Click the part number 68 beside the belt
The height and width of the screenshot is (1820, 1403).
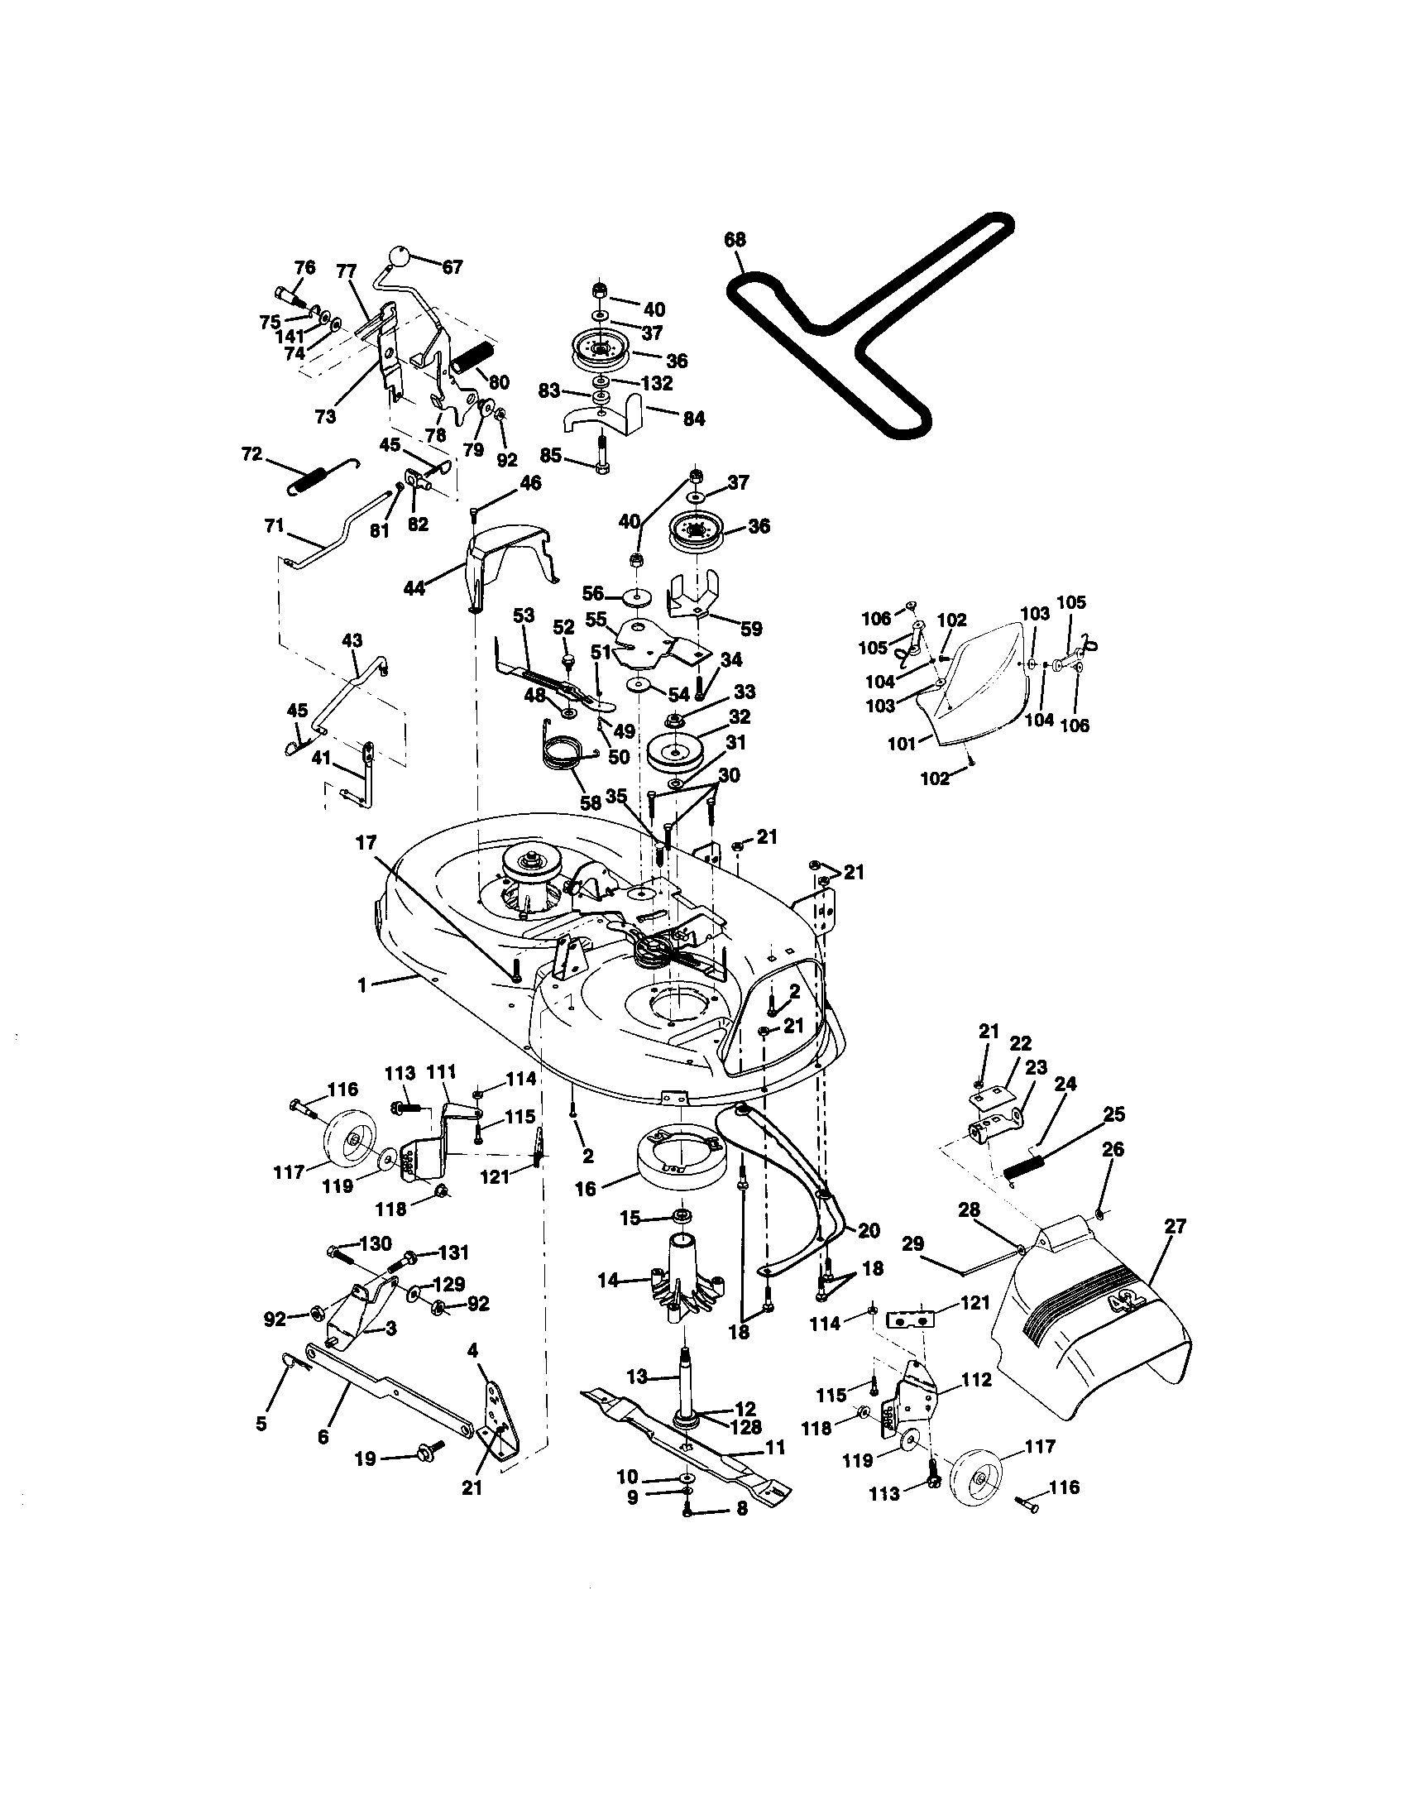735,240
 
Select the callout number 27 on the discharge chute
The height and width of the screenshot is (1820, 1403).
1175,1226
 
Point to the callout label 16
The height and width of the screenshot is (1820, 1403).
586,1189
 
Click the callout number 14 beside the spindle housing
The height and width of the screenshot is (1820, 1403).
609,1280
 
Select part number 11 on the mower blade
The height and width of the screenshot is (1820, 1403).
775,1449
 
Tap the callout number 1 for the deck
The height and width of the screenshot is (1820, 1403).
362,986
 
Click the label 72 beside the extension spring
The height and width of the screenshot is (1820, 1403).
251,455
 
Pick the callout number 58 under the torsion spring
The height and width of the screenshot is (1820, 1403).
591,803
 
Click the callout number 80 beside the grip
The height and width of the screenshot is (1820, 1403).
498,382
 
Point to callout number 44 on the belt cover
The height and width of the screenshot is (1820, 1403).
414,588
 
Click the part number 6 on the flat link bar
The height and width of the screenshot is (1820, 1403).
323,1437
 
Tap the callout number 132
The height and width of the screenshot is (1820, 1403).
658,383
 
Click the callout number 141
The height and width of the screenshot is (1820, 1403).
289,338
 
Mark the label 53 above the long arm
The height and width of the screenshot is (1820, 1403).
523,615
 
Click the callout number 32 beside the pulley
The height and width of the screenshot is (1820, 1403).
738,716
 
